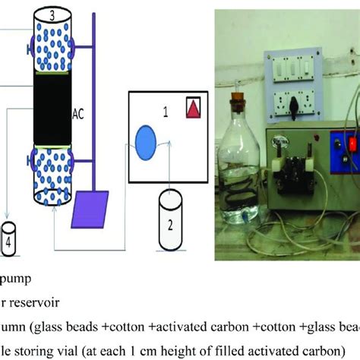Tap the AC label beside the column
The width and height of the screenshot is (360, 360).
pos(77,114)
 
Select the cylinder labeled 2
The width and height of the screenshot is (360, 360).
pos(175,214)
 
